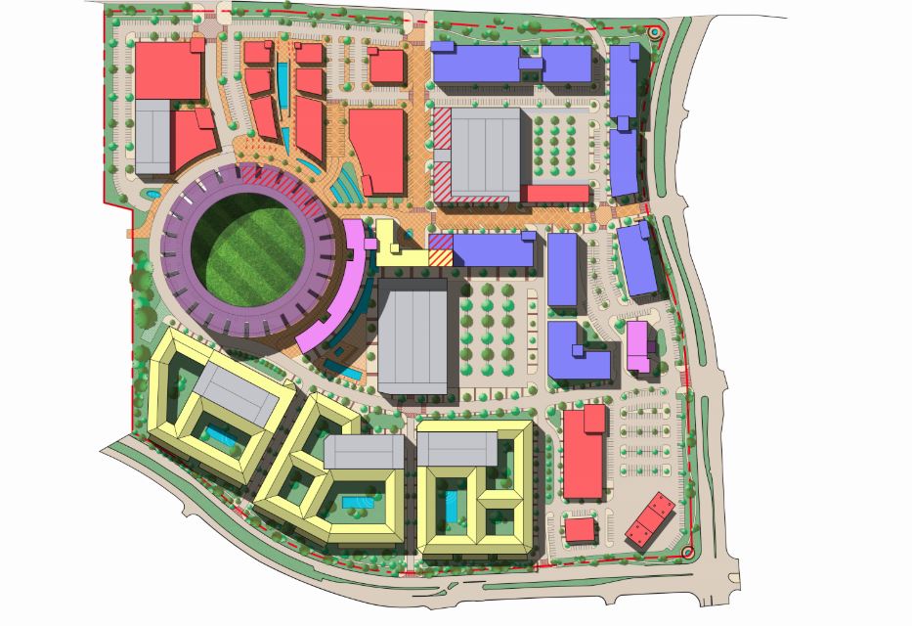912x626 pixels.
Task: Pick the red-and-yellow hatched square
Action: tap(441, 251)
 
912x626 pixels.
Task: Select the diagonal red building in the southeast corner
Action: tap(651, 518)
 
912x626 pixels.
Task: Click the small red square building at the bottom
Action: tap(580, 529)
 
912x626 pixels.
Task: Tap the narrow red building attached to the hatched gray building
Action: tap(555, 194)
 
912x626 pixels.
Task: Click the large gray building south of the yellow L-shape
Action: tap(413, 337)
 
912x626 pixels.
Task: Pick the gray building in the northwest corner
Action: tap(152, 136)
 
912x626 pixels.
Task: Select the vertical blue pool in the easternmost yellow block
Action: tap(452, 507)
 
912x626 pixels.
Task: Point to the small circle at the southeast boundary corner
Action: tap(695, 553)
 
